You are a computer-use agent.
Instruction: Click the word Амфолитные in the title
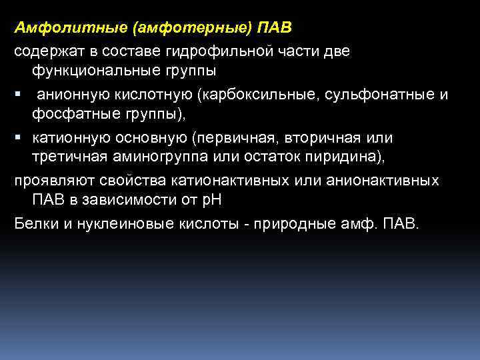(x=54, y=28)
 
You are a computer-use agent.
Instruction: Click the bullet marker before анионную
(x=18, y=95)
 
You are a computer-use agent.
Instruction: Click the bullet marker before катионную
(x=18, y=138)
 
